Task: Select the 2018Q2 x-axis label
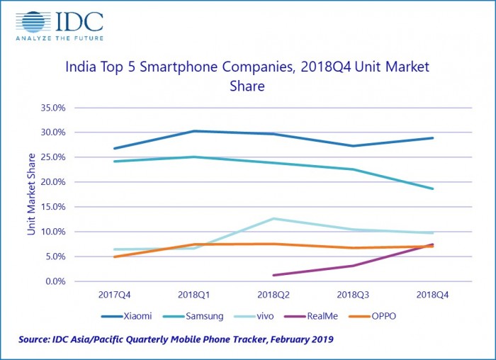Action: tap(273, 293)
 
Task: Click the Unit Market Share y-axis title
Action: tap(31, 194)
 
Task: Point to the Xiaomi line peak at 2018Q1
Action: tap(193, 131)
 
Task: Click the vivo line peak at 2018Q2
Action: tap(273, 218)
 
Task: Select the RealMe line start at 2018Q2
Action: tap(274, 275)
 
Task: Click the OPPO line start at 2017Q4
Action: tap(114, 257)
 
